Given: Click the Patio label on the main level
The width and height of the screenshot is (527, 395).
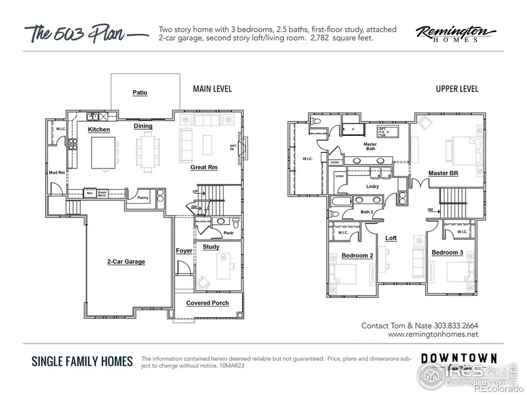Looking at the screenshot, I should [140, 93].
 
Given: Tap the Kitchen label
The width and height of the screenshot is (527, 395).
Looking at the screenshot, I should [100, 129].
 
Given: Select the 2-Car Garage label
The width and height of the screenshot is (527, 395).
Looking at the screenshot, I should [126, 262].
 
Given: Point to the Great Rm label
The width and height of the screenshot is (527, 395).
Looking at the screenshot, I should [204, 167].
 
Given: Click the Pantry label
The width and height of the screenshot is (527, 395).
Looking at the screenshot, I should [143, 198].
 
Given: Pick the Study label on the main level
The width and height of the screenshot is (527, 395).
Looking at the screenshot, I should [211, 247].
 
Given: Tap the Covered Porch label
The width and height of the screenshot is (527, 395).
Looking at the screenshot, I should [207, 303].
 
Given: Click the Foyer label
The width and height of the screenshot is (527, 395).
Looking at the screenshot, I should [184, 251].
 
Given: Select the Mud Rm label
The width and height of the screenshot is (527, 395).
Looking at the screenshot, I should [56, 173].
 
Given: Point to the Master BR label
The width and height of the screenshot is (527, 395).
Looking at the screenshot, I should [443, 173].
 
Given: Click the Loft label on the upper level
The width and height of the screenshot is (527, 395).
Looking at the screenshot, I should [391, 238].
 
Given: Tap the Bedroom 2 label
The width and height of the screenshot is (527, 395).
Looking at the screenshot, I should [357, 256].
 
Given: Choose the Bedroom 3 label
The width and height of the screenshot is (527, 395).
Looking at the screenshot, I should [447, 252].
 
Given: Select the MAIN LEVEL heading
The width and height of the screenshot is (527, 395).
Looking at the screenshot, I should [212, 89].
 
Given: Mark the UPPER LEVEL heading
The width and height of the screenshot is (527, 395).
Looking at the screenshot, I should [457, 89].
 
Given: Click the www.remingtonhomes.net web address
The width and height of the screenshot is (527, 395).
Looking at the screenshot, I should [433, 335].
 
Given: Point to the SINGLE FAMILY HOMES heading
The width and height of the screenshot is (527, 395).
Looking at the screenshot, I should [82, 361].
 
